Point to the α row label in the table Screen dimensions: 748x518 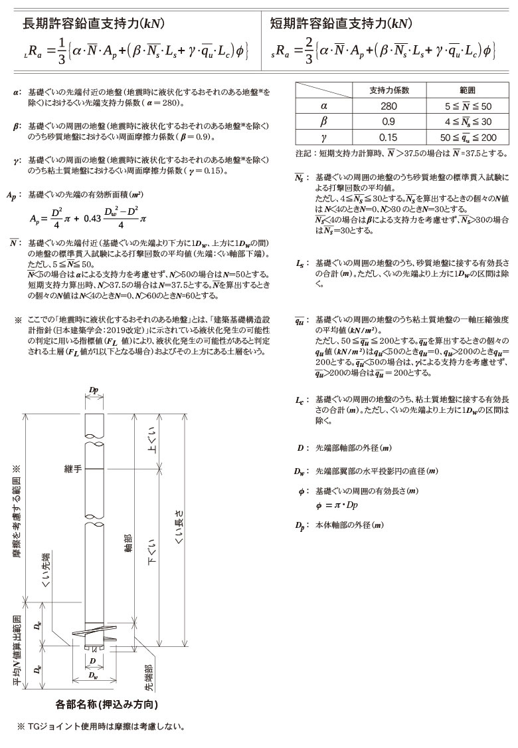pos(323,106)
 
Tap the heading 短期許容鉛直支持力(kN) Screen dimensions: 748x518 pos(341,25)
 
